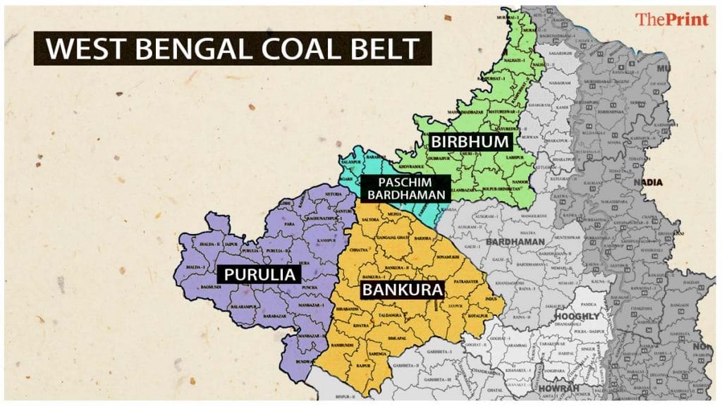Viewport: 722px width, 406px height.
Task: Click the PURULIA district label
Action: pyautogui.click(x=259, y=273)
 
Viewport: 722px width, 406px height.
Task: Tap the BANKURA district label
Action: pyautogui.click(x=403, y=289)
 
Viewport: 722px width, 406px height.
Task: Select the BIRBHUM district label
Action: pyautogui.click(x=470, y=142)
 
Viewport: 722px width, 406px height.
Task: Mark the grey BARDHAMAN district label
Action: pyautogui.click(x=515, y=242)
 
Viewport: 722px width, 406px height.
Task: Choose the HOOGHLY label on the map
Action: pyautogui.click(x=576, y=316)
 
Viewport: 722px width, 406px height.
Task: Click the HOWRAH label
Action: pyautogui.click(x=558, y=388)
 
